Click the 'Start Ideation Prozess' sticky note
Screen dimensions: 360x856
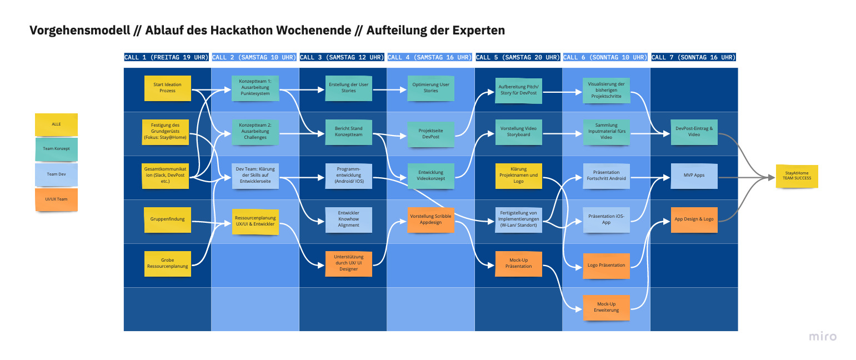tap(167, 88)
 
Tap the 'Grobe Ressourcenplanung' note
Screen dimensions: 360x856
tap(167, 263)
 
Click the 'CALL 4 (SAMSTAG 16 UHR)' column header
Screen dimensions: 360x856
tap(430, 57)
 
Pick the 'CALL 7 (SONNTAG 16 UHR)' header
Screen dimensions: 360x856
tap(693, 57)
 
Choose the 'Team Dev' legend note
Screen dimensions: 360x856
tap(56, 174)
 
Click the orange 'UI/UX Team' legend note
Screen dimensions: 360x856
tap(56, 199)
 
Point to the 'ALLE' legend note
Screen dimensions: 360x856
tap(56, 124)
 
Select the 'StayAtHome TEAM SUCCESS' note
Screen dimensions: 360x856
tap(797, 175)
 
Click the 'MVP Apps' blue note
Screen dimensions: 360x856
tap(694, 175)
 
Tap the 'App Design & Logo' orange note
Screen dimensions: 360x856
tap(694, 219)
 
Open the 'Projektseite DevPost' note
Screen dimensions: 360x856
tap(430, 133)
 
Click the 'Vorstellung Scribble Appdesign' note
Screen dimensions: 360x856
tap(430, 219)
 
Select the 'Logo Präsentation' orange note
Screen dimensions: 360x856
tap(606, 265)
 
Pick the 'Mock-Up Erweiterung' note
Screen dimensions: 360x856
tap(606, 307)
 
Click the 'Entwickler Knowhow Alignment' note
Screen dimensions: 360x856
tap(348, 219)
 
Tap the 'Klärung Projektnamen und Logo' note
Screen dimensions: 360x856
tap(518, 175)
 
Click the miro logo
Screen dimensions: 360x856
tap(822, 336)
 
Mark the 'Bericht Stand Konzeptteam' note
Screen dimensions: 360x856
tap(348, 132)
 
